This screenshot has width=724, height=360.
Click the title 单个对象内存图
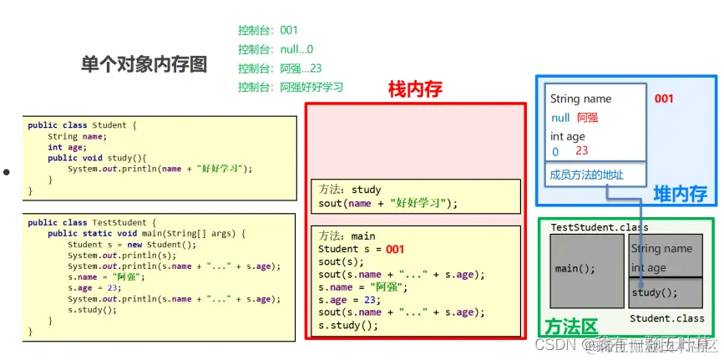(x=144, y=64)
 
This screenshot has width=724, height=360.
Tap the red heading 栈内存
(x=415, y=89)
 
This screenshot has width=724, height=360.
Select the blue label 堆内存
(x=680, y=195)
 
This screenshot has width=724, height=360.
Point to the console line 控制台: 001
(x=267, y=31)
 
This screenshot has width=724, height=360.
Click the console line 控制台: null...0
(x=275, y=49)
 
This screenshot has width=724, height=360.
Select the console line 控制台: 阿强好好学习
(x=290, y=87)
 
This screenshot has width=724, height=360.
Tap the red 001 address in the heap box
(x=664, y=99)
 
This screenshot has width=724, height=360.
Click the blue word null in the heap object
(x=560, y=118)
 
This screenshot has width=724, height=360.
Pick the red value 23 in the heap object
(x=582, y=151)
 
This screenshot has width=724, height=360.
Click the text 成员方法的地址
(x=586, y=175)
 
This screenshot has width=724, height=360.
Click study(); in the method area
(x=655, y=292)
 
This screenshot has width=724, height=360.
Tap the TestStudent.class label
(x=600, y=227)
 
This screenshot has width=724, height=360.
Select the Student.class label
(x=666, y=318)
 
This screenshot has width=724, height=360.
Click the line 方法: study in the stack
(x=349, y=190)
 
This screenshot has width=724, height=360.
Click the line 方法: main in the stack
(x=347, y=236)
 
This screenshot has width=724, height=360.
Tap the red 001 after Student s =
(x=395, y=249)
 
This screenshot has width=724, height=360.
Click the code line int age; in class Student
(x=67, y=147)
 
